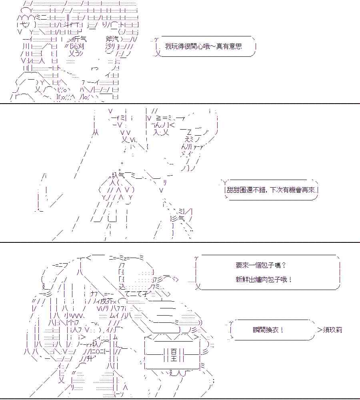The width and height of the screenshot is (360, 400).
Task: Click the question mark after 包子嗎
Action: pyautogui.click(x=284, y=265)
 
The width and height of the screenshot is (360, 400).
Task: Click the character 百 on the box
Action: pyautogui.click(x=173, y=352)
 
